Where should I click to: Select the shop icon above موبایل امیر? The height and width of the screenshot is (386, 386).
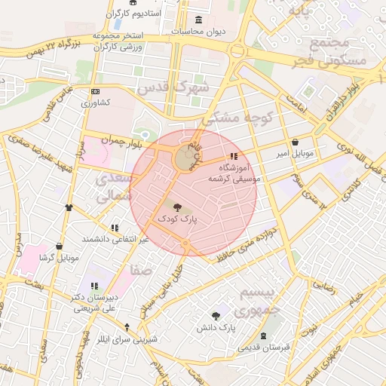pos(294,142)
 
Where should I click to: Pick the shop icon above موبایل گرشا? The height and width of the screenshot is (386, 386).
pos(59,246)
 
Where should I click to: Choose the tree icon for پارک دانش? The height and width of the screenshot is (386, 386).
pos(216,317)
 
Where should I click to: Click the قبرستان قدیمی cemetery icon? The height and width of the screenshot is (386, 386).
pos(263,336)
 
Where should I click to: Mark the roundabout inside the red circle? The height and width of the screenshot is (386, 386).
pos(185,160)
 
